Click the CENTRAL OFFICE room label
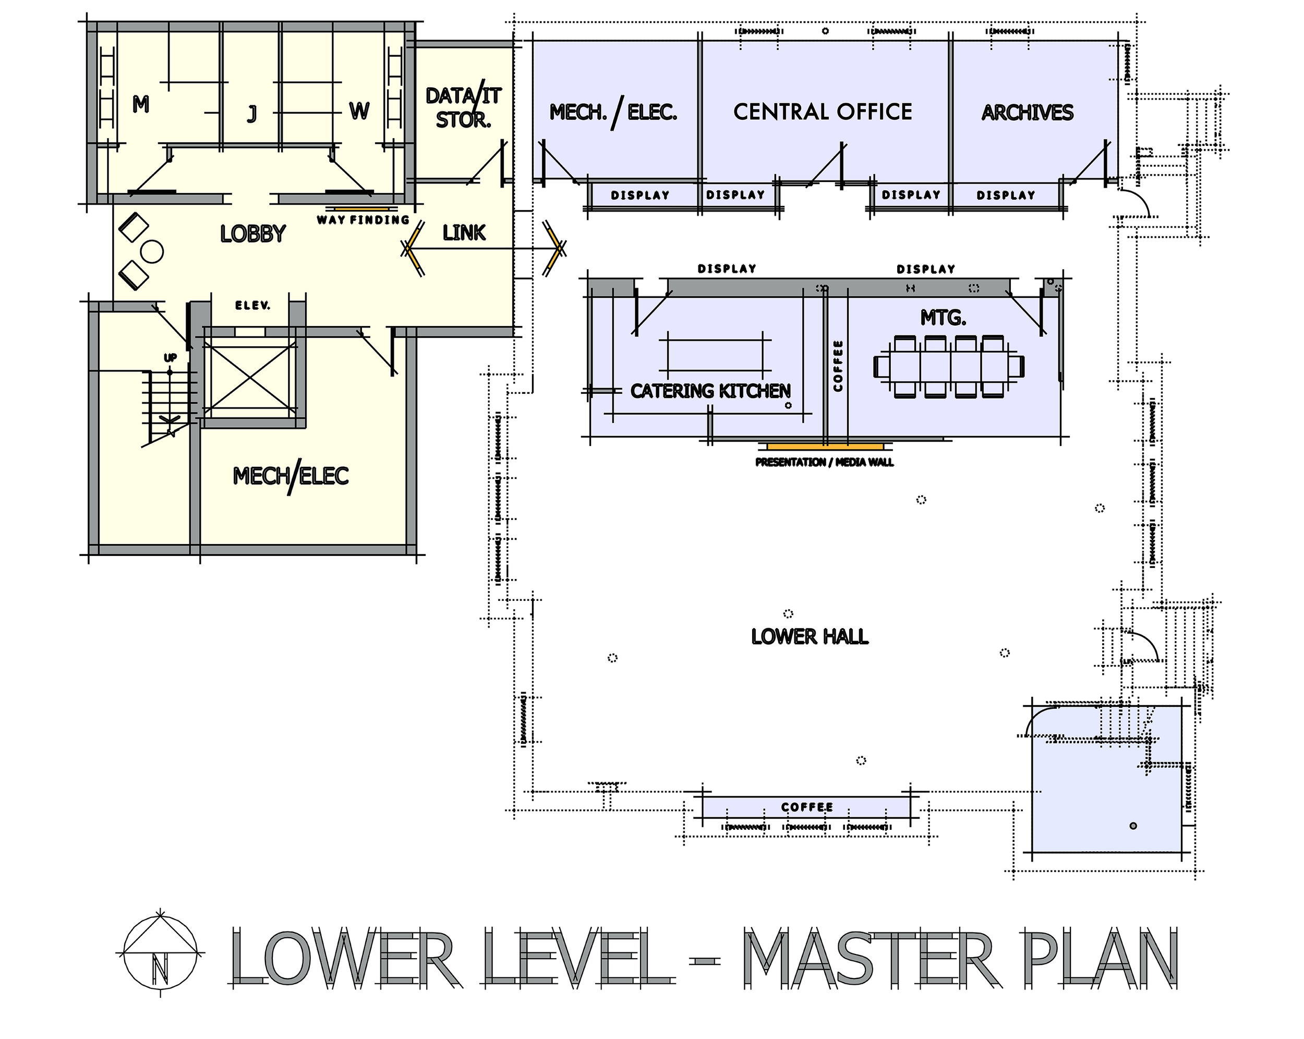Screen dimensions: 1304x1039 pyautogui.click(x=823, y=112)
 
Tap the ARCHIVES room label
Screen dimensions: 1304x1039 pyautogui.click(x=1027, y=113)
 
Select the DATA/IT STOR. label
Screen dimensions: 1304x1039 pyautogui.click(x=463, y=107)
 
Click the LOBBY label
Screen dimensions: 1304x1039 pyautogui.click(x=253, y=234)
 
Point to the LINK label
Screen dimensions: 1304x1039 pyautogui.click(x=464, y=233)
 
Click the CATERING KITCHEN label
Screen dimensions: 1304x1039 pyautogui.click(x=710, y=391)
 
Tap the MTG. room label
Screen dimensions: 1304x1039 pyautogui.click(x=943, y=318)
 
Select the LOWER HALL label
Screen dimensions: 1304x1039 pyautogui.click(x=810, y=636)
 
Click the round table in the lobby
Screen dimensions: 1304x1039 pyautogui.click(x=152, y=251)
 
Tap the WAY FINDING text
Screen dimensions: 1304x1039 pyautogui.click(x=363, y=220)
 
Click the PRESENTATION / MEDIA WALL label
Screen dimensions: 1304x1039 pyautogui.click(x=824, y=463)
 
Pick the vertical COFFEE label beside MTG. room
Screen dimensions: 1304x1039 pyautogui.click(x=838, y=366)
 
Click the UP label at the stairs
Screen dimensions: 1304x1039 pyautogui.click(x=171, y=358)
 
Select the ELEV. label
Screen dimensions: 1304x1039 pyautogui.click(x=253, y=306)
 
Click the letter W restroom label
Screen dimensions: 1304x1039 pyautogui.click(x=359, y=111)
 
